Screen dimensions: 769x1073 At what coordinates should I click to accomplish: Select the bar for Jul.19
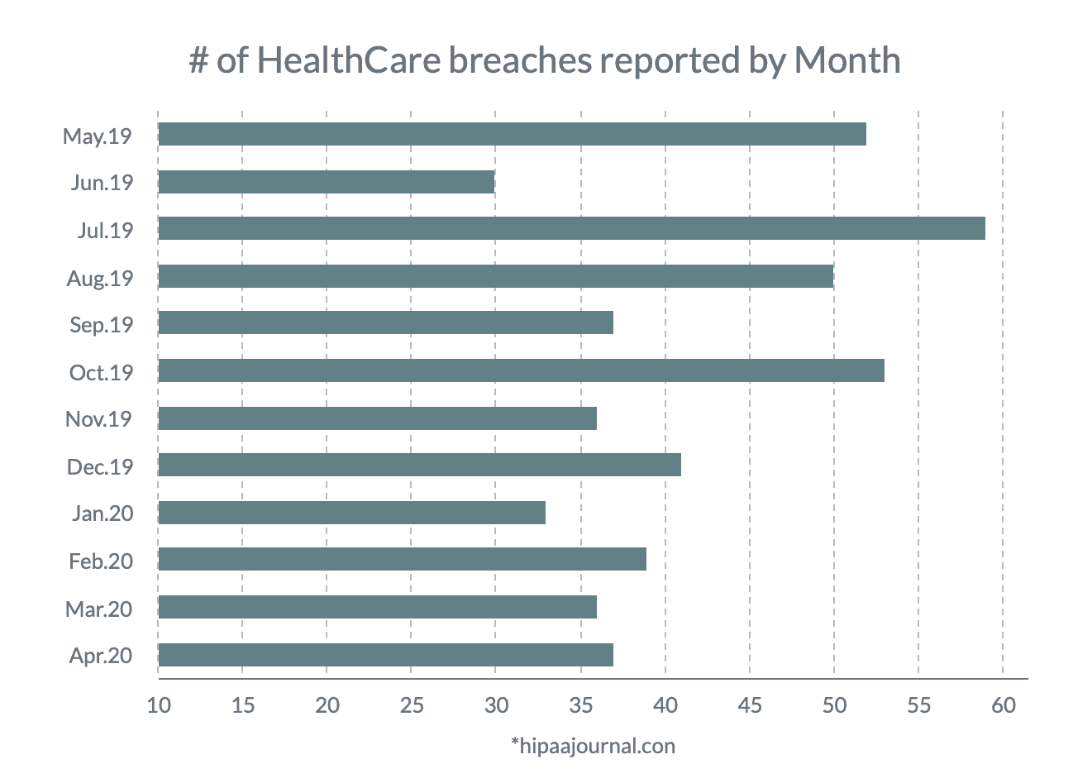tap(571, 228)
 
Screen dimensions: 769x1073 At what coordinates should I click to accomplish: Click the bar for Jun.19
tap(326, 181)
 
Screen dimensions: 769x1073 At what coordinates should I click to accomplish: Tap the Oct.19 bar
tap(521, 370)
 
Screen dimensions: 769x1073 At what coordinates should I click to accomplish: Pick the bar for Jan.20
tap(351, 513)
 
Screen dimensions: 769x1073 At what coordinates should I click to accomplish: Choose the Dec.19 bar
tap(419, 465)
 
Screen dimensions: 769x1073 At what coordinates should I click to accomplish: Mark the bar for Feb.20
tap(402, 560)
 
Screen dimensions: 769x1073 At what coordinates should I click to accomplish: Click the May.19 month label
tap(98, 136)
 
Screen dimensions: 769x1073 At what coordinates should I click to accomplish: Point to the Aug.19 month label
tap(100, 279)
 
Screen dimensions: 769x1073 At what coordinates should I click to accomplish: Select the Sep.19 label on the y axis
tap(102, 325)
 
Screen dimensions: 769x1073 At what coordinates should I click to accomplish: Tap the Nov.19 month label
tap(98, 419)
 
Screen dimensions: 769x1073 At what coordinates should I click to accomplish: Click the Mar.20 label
tap(99, 609)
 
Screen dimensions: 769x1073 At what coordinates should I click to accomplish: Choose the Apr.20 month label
tap(101, 657)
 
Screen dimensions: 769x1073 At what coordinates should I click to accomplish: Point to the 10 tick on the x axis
tap(158, 705)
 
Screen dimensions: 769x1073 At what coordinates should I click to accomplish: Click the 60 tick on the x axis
tap(1004, 705)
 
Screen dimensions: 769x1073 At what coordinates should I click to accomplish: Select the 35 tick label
tap(580, 705)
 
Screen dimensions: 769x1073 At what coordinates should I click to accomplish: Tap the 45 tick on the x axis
tap(750, 705)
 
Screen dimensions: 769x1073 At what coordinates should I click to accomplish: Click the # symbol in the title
tap(198, 60)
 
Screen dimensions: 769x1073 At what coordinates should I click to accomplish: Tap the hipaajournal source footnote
tap(593, 747)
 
